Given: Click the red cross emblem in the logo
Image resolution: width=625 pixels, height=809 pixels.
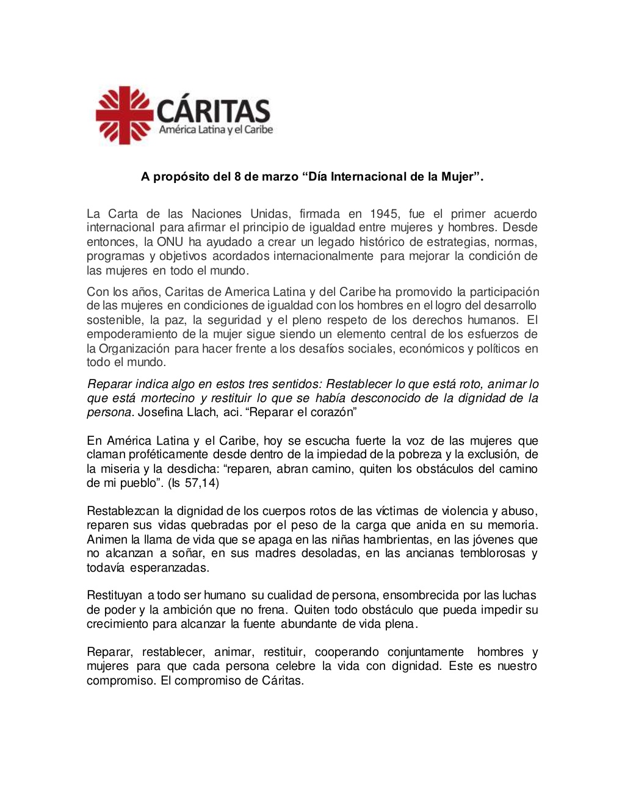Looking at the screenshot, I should pos(125,115).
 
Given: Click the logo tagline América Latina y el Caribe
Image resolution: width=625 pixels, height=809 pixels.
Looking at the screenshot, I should pos(216,130).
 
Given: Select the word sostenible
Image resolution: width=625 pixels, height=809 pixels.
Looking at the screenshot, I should pos(115,320).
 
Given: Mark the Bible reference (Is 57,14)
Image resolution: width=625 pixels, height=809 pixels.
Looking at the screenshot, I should pos(193,483).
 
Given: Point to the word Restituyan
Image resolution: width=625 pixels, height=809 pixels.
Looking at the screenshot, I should pos(114,595).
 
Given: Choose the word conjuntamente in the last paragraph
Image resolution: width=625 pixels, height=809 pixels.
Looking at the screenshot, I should pos(425,652).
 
